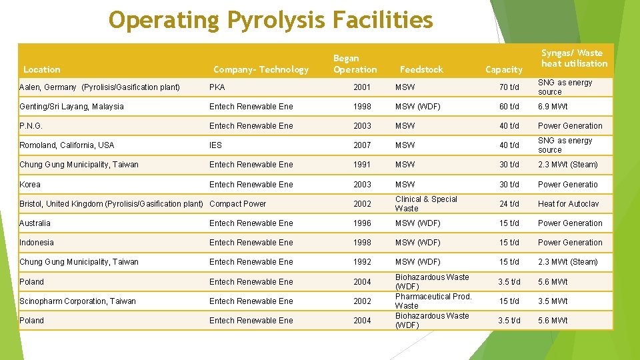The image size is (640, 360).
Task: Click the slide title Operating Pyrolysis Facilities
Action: coord(271,20)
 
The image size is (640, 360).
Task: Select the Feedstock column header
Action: coord(421,69)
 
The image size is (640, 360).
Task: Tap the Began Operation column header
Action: coord(355,64)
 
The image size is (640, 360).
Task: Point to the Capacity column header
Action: coord(503,69)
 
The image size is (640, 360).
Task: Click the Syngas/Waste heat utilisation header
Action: coord(574,58)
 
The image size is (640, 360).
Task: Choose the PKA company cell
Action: coord(217,87)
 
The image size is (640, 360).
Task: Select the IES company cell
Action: coord(215,145)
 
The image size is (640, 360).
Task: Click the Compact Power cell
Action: coord(237,204)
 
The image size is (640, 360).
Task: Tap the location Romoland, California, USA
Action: coord(67,145)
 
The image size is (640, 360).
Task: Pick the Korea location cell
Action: coord(30,185)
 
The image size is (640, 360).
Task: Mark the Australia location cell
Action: coord(35,223)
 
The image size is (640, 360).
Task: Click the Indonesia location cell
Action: coord(37,243)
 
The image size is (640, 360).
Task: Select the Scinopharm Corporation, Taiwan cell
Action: coord(77,301)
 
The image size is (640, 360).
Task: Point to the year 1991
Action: coord(362,165)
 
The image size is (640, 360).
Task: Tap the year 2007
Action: coord(362,145)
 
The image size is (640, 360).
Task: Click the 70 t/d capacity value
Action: coord(509,87)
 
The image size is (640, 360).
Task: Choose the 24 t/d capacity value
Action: coord(509,204)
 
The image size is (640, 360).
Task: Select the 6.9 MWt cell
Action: coord(553,107)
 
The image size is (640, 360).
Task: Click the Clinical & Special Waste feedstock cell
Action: coord(426,204)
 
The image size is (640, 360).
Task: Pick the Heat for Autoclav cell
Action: coord(568,204)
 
